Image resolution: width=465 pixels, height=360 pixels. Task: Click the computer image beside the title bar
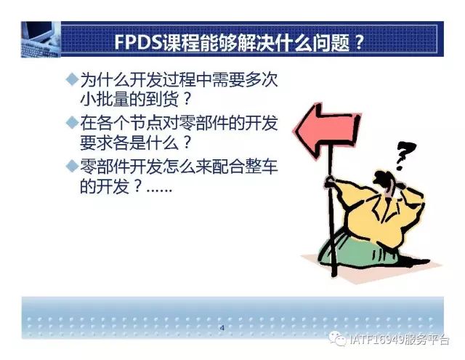tap(41, 39)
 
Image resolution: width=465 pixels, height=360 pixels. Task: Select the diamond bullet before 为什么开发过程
tap(72, 79)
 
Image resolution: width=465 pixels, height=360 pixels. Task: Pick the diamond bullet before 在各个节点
tap(72, 123)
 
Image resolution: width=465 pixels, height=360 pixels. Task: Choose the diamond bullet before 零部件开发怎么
tap(72, 166)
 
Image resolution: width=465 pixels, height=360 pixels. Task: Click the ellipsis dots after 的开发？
tap(159, 190)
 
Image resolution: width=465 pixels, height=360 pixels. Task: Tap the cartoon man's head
tap(388, 182)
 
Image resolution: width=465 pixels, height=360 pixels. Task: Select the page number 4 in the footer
tap(222, 328)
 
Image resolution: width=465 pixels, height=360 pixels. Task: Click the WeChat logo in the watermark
tap(337, 338)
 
